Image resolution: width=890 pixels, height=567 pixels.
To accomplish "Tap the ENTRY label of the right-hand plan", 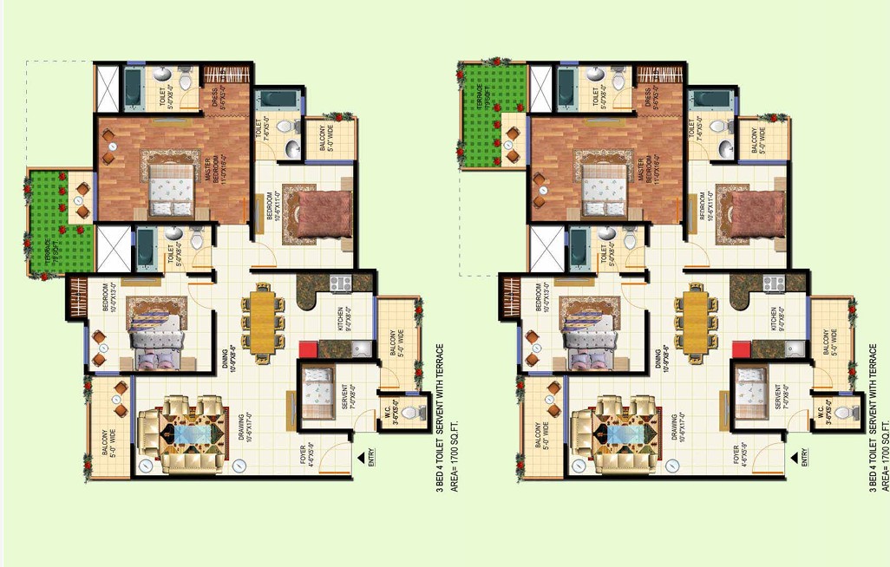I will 806,457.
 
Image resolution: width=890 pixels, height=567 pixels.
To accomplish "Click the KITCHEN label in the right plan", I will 775,318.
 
